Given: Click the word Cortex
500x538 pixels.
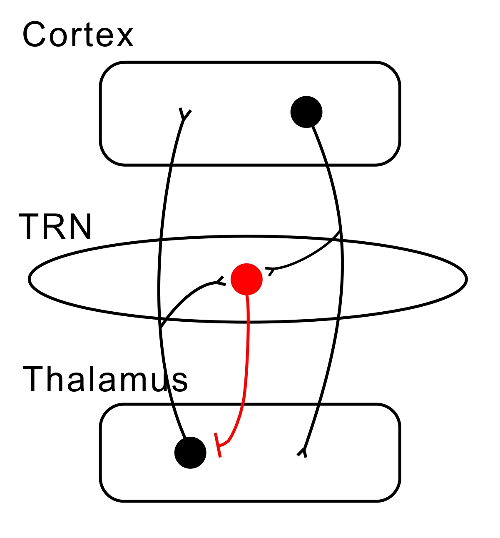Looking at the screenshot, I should [78, 35].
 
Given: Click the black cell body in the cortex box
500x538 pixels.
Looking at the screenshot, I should [306, 112].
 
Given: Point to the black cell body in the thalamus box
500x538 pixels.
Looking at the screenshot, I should [190, 453].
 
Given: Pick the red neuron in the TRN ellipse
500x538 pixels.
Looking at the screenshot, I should [246, 279].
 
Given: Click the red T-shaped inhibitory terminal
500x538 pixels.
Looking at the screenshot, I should [218, 445].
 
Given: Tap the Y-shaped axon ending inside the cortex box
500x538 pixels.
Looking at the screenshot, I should [184, 115].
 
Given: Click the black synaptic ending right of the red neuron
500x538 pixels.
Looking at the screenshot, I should [270, 270].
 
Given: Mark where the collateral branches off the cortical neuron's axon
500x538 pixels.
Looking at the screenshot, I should [341, 231].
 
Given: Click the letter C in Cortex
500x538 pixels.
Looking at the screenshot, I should [34, 35].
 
